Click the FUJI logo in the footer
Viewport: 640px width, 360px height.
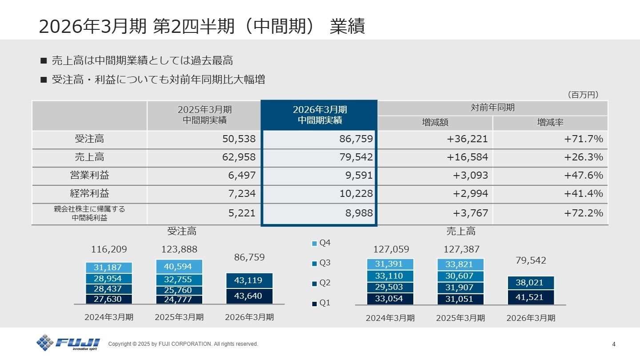click(x=68, y=343)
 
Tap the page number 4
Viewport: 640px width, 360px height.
click(x=614, y=344)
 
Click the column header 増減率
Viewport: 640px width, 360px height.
click(x=550, y=123)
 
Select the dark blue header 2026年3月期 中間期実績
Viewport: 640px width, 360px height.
click(x=319, y=115)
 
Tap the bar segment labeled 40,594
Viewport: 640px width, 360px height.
click(x=179, y=267)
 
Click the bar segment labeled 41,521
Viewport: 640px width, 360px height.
click(x=531, y=297)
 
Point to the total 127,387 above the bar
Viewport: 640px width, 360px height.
click(x=461, y=249)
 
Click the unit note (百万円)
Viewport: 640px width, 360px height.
click(x=583, y=95)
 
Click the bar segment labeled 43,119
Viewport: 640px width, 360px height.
click(x=249, y=280)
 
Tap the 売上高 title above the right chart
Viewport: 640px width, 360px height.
click(x=461, y=231)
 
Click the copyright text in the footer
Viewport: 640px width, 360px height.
click(x=183, y=344)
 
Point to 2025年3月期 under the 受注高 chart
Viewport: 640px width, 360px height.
click(x=179, y=317)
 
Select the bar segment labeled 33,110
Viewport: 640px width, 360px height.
click(x=390, y=276)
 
